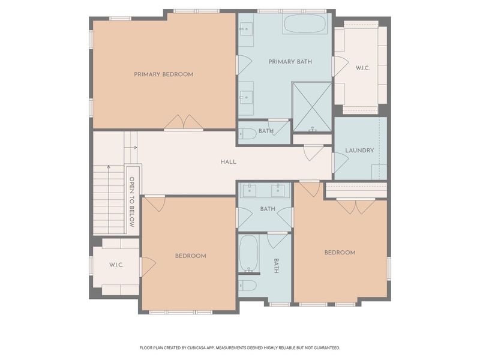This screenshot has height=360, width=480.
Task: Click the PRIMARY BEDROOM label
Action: point(163,74)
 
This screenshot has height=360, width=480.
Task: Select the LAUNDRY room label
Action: point(359,151)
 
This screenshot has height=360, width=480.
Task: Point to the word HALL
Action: point(228,162)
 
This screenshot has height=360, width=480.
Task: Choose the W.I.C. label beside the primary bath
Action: point(362,68)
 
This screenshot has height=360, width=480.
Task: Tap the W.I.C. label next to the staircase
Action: point(116,265)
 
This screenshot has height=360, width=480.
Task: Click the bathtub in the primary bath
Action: point(304,24)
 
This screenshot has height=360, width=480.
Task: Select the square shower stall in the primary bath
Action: point(311,106)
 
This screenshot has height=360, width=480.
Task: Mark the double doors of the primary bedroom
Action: point(184,122)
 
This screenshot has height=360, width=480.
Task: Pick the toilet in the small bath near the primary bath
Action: point(247,134)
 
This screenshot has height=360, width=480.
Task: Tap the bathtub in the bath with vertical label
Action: point(248,253)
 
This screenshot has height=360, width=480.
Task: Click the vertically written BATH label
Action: point(277,266)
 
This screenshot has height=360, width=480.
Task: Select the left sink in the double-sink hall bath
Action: point(250,191)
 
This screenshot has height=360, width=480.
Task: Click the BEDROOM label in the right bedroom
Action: point(340,253)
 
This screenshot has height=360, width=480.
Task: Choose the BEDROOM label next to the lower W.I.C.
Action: point(190,256)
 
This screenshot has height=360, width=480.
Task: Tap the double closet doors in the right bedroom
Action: point(355,206)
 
